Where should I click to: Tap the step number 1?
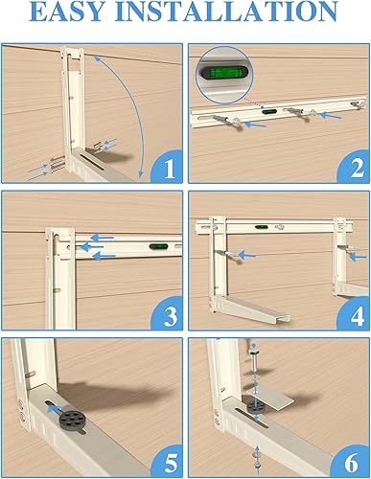click(169, 170)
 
